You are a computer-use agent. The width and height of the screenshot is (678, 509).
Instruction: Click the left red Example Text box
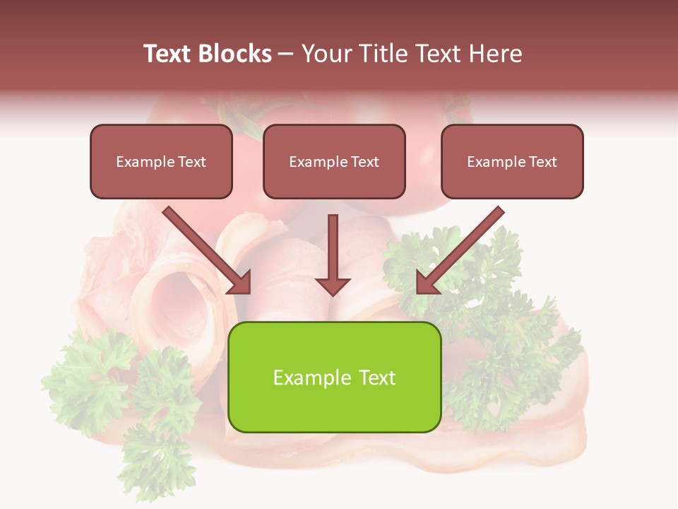tap(161, 161)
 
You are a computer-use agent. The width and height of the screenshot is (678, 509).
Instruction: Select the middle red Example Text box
tap(334, 161)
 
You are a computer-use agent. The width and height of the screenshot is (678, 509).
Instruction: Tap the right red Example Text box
tap(512, 161)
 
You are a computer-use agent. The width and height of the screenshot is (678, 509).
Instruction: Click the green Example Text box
tap(334, 377)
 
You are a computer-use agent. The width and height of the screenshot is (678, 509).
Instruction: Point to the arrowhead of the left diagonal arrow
tap(240, 283)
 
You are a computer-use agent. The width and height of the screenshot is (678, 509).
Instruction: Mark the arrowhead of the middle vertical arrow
tap(333, 286)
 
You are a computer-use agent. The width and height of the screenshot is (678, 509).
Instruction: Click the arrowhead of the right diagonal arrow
tap(426, 283)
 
